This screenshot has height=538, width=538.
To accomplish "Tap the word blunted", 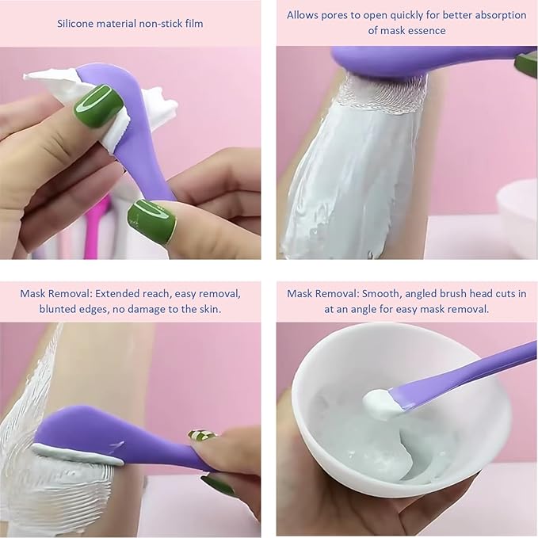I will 57,309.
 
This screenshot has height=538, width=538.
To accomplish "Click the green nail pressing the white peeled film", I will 97,105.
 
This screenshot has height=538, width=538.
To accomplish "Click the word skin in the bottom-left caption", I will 204,309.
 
